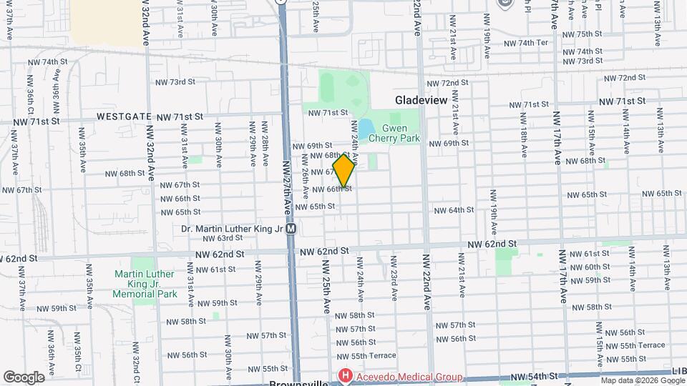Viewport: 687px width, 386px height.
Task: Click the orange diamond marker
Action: [344, 172]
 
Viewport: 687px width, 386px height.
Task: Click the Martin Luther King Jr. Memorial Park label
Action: [147, 284]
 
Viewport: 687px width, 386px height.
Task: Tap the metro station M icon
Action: [291, 229]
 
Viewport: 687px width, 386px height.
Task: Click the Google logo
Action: [24, 377]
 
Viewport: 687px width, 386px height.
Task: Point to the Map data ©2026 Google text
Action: [643, 380]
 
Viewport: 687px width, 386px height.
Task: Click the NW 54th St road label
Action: [535, 376]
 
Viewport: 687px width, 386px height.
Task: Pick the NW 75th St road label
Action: [583, 34]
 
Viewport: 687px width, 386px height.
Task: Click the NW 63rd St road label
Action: [215, 238]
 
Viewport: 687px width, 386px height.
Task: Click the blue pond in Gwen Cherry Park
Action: [365, 129]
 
